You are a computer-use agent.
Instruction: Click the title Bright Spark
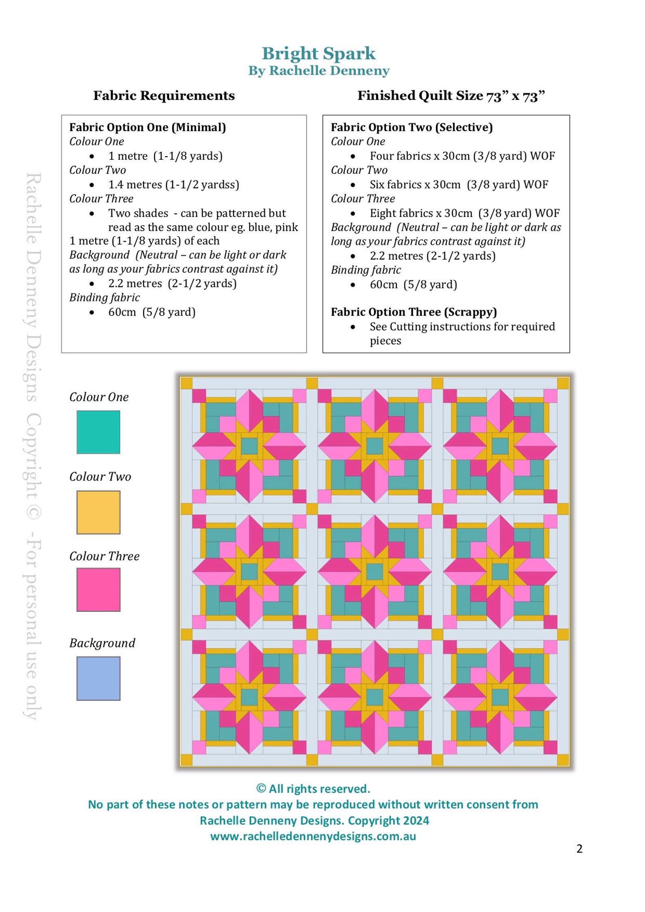(x=318, y=54)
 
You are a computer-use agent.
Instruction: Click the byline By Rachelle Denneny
(x=319, y=71)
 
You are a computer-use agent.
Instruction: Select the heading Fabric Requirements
(x=164, y=95)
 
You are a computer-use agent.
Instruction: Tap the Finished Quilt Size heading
(x=451, y=96)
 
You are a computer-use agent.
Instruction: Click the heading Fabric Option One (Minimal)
(x=147, y=127)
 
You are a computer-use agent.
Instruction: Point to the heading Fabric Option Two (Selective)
(x=411, y=127)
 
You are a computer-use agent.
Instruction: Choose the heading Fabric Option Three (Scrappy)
(x=413, y=312)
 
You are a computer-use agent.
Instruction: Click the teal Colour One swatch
(x=98, y=432)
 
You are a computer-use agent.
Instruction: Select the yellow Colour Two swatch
(x=98, y=512)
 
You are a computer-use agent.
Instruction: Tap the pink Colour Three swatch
(x=98, y=589)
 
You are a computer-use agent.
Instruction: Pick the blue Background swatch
(x=98, y=678)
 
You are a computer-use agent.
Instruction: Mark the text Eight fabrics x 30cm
(x=421, y=213)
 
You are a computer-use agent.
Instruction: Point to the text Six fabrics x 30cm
(x=415, y=184)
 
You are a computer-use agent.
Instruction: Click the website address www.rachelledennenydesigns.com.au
(x=313, y=836)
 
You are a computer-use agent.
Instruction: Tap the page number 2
(x=579, y=848)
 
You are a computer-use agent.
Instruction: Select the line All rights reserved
(x=313, y=789)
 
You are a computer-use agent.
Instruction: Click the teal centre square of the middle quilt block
(x=374, y=572)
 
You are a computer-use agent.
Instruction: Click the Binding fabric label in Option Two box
(x=366, y=270)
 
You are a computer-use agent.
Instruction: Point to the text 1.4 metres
(x=135, y=184)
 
